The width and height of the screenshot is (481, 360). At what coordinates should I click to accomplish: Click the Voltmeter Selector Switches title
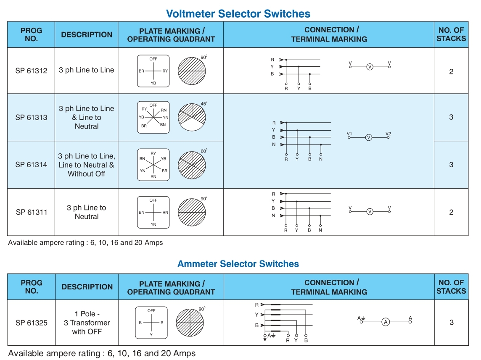(238, 13)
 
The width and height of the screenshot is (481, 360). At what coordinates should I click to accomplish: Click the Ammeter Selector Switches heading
(238, 264)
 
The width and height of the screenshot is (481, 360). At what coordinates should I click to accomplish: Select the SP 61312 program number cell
(31, 71)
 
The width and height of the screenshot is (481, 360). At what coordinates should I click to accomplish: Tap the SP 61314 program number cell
(31, 165)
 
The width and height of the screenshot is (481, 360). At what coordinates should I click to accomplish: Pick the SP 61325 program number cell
(31, 323)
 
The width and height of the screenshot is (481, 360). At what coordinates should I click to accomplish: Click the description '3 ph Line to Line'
(86, 70)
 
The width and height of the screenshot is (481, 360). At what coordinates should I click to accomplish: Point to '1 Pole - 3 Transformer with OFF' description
(87, 323)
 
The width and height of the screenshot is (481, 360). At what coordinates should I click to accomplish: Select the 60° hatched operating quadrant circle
(192, 164)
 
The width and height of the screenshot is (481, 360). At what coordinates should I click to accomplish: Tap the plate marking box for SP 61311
(153, 212)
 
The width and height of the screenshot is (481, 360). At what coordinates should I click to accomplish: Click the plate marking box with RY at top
(153, 165)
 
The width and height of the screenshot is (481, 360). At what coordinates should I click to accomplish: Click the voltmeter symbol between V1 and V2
(369, 137)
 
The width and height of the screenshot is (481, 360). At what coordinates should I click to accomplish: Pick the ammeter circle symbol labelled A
(386, 322)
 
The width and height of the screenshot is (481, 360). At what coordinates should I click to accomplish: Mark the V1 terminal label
(349, 134)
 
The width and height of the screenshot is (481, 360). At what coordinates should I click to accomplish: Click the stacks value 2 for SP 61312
(451, 71)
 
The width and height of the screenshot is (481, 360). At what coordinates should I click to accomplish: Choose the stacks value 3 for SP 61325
(451, 323)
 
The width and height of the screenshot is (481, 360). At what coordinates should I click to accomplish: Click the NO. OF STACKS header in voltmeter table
(451, 34)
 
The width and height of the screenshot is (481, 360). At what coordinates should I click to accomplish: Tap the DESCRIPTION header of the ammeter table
(87, 287)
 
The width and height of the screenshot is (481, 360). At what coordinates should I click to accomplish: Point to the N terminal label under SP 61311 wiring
(320, 230)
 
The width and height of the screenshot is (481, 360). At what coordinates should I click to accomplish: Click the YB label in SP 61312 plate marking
(153, 83)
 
